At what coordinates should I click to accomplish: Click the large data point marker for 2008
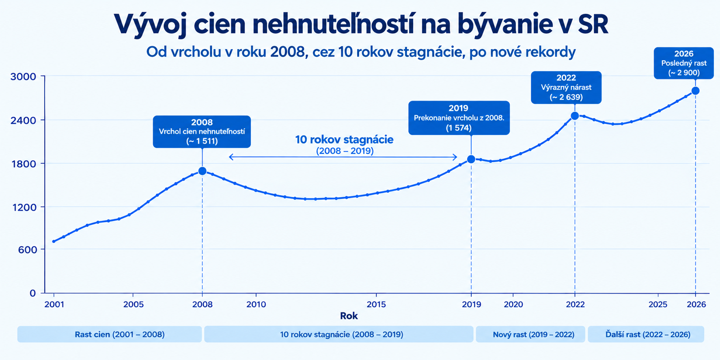tap(202, 171)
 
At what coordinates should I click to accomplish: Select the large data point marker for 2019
tap(471, 159)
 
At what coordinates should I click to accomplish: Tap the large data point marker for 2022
tap(575, 116)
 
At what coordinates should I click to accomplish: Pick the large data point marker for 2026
tap(695, 91)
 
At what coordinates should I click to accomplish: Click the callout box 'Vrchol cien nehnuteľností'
tap(202, 131)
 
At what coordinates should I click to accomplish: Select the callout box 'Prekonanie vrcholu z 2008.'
tap(459, 118)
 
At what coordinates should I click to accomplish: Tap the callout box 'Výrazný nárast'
tap(566, 87)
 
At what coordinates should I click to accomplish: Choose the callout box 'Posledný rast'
tap(684, 63)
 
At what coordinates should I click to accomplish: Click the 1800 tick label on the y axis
tap(23, 164)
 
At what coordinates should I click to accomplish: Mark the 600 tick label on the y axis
tap(27, 250)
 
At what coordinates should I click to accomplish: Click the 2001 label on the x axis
tap(54, 304)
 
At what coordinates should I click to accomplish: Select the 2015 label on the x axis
tap(376, 304)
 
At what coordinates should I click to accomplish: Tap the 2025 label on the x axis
tap(658, 304)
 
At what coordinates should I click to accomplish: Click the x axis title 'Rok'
tap(349, 316)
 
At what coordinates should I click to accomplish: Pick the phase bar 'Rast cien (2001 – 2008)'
tap(110, 334)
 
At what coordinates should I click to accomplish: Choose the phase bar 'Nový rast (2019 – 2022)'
tap(530, 334)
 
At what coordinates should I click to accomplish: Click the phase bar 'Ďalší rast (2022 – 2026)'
tap(646, 334)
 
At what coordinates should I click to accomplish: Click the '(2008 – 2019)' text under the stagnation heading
tap(345, 151)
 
